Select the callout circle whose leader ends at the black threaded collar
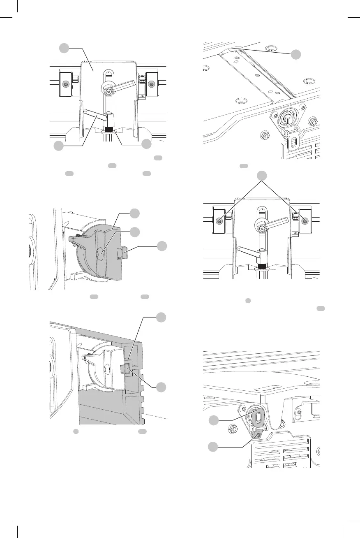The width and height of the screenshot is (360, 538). pos(147,144)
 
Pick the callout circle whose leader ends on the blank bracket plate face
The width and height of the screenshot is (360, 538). pos(63,49)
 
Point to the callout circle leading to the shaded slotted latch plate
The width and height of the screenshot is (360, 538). pos(214,420)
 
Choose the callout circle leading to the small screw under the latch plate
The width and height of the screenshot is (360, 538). pos(214,446)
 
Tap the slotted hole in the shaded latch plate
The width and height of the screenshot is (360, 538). pos(258,417)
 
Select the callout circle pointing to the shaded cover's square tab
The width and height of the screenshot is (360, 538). pos(162,246)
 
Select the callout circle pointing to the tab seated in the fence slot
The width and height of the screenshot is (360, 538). pos(162,387)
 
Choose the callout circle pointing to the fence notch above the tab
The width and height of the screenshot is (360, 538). pos(162,318)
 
